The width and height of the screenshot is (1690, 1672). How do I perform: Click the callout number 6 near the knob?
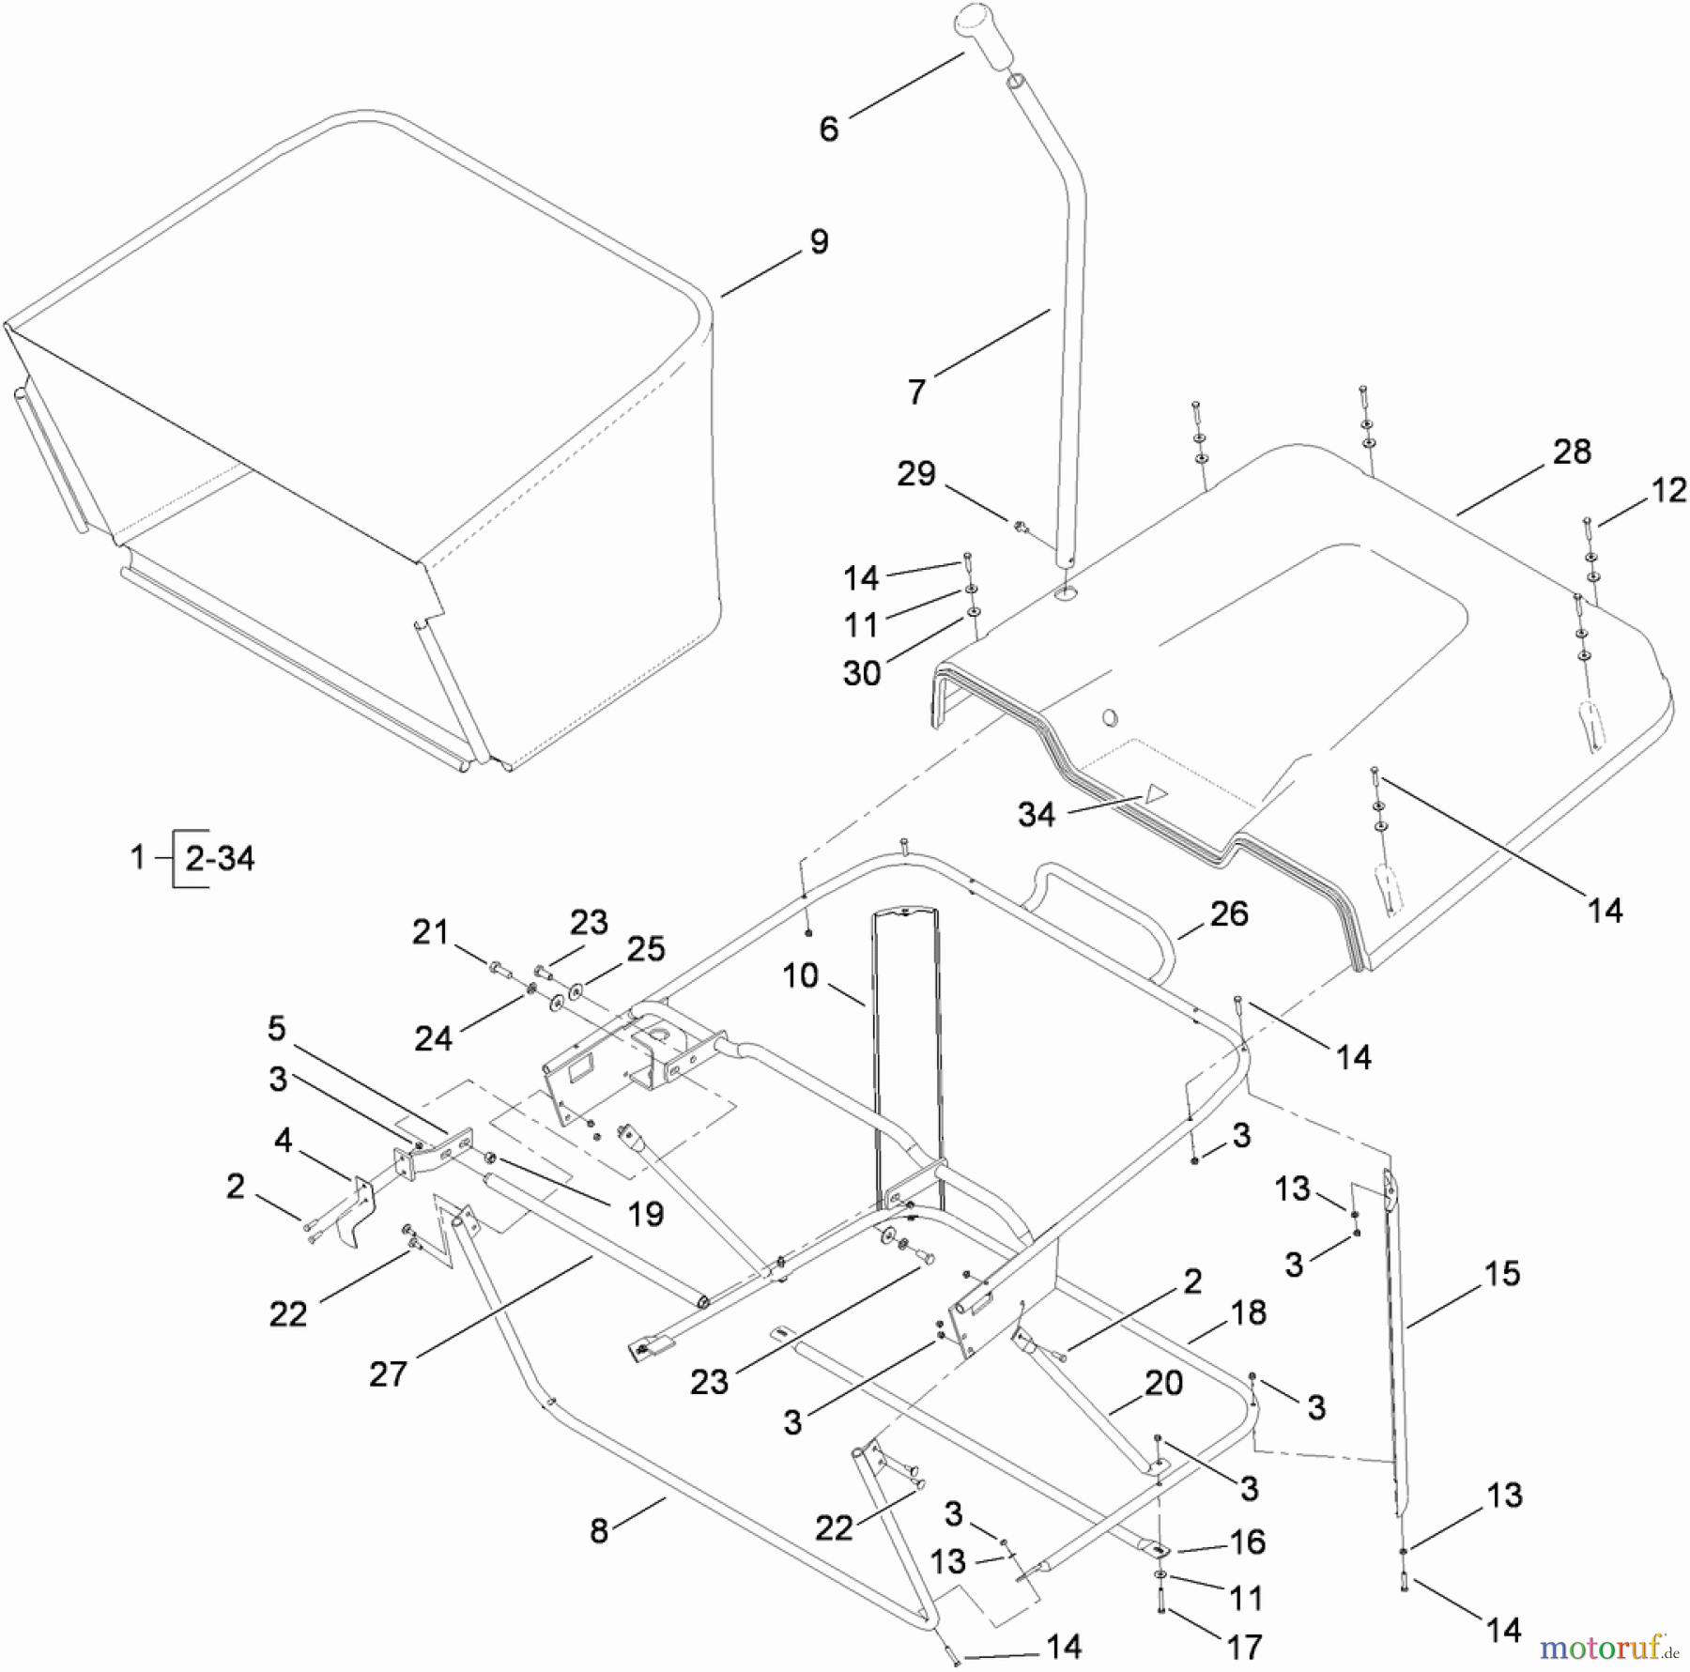click(828, 130)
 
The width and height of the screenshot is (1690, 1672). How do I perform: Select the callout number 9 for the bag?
click(819, 242)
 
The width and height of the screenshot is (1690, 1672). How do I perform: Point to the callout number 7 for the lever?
click(917, 391)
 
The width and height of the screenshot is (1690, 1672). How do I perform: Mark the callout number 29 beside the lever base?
click(916, 474)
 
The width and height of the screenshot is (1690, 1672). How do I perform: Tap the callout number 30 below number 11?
click(862, 672)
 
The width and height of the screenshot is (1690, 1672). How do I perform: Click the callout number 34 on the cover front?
click(1036, 814)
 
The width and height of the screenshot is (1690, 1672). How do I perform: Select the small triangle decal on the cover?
click(1154, 792)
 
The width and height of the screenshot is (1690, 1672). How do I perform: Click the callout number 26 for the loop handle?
click(1228, 913)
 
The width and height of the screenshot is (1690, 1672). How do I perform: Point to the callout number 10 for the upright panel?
click(800, 976)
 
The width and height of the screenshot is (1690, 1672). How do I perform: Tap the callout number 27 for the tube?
click(388, 1374)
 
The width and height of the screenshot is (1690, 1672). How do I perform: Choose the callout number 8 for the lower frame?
click(599, 1531)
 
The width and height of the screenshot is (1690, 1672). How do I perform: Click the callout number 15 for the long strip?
click(1502, 1274)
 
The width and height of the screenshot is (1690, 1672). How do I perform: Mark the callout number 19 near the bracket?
click(645, 1214)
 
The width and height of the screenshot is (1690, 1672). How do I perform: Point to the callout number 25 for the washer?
click(646, 949)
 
